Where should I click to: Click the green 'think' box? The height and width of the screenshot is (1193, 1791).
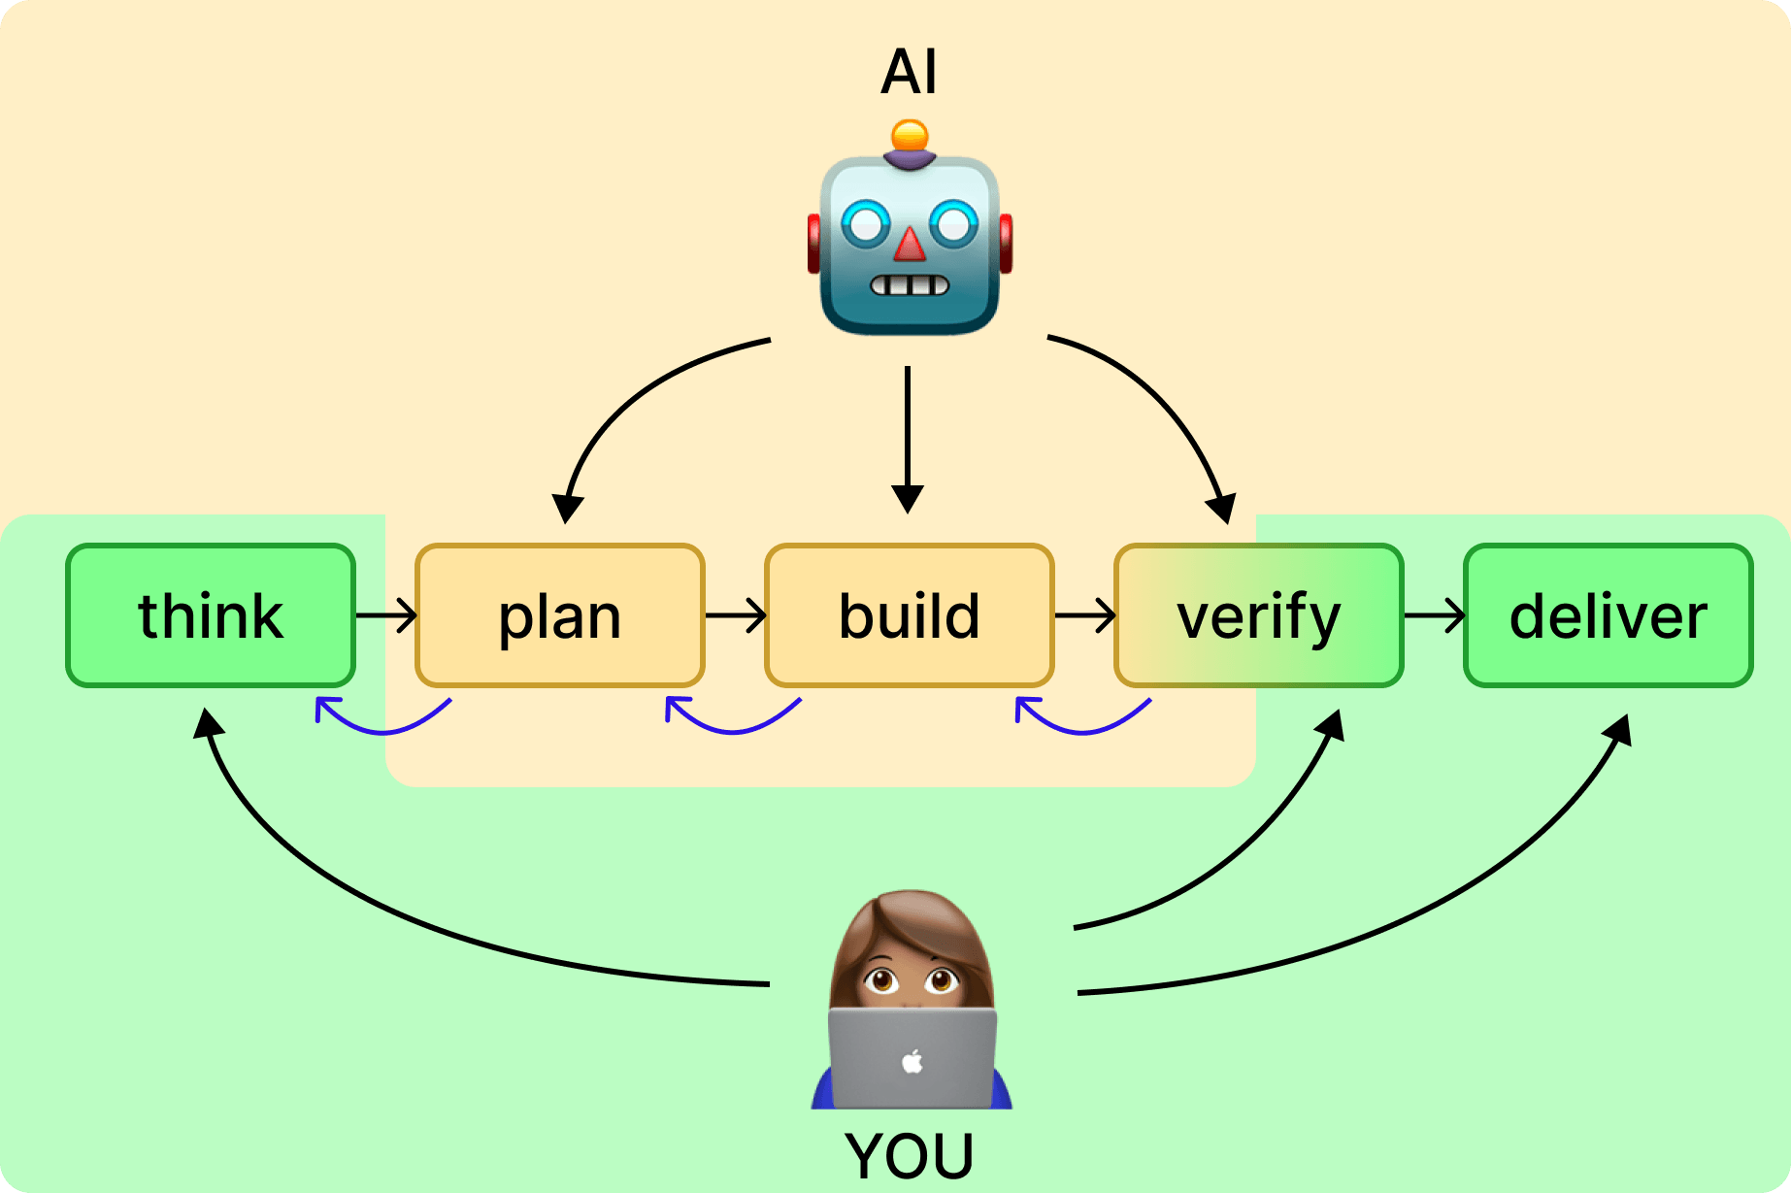211,615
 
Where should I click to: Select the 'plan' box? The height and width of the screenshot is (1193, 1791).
559,615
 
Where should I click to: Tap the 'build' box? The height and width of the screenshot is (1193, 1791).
909,615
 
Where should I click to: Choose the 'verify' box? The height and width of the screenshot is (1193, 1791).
1258,615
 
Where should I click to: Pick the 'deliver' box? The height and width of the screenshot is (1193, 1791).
1608,615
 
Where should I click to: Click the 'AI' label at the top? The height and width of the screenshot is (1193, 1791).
909,72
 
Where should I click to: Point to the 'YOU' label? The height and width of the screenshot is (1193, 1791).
909,1155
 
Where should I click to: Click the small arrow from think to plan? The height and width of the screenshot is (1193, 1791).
386,615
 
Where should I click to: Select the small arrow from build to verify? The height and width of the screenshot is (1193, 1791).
1084,615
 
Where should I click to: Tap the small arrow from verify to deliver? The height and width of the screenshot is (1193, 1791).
1434,615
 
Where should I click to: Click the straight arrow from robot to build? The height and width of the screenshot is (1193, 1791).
908,437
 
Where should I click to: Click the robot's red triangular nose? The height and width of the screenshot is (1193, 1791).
910,245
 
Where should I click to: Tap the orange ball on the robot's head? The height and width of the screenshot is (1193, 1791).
910,135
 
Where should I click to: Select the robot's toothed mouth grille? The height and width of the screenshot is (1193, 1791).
909,285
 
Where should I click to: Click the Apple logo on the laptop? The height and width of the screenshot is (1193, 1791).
912,1061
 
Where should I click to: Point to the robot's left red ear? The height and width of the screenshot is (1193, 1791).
814,243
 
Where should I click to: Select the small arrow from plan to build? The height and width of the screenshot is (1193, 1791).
735,615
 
